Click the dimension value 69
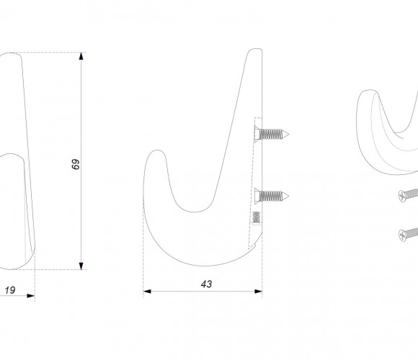[x=76, y=164]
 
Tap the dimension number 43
[x=206, y=284]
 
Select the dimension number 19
[x=10, y=290]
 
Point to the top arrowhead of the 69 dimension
[x=81, y=56]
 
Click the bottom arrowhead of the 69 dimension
[x=81, y=266]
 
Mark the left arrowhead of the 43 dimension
[x=147, y=292]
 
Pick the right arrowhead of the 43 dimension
[x=258, y=292]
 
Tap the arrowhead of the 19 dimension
[x=31, y=296]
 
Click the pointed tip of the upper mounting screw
[x=288, y=135]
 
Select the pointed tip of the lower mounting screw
[x=288, y=197]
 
